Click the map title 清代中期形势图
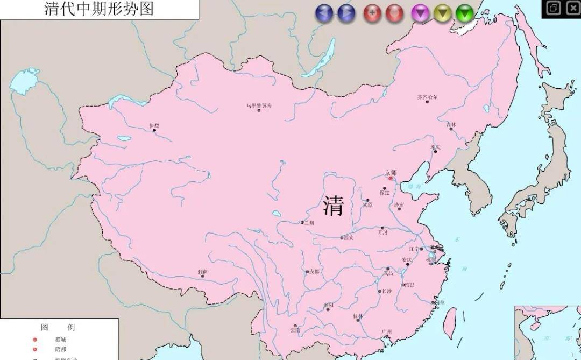99,9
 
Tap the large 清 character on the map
334,206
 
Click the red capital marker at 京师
392,178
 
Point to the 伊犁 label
154,125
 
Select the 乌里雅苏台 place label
259,105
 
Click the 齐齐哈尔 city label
428,97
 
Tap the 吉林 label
451,124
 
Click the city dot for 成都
308,272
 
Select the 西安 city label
349,237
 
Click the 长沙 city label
387,291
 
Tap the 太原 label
367,204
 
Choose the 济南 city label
399,204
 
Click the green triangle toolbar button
464,12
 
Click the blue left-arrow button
324,12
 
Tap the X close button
571,8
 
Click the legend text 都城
60,340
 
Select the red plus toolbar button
372,12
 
